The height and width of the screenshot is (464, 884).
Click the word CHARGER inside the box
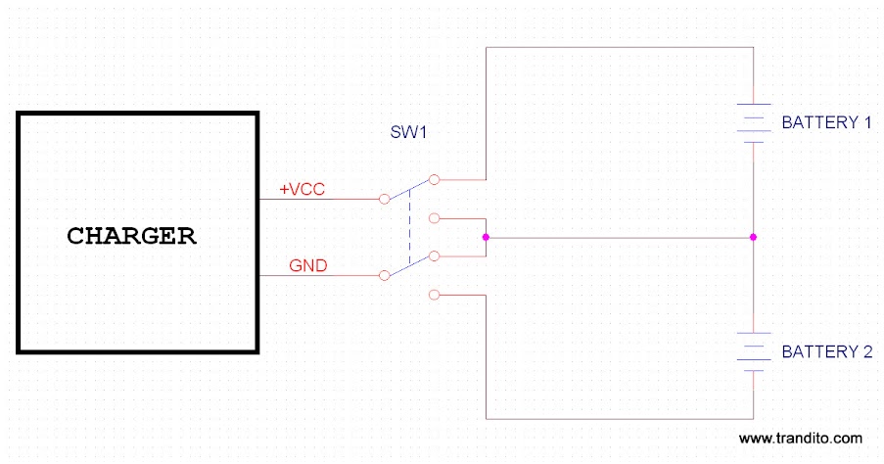(131, 236)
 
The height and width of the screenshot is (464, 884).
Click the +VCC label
(302, 189)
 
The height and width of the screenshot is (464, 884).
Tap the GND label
(307, 265)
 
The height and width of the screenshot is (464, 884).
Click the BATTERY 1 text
(825, 123)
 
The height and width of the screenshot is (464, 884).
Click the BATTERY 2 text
(825, 351)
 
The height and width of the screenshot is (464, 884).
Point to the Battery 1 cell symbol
(752, 123)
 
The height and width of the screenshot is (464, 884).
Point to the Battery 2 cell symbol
(752, 351)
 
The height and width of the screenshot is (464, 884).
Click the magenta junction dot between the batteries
(752, 237)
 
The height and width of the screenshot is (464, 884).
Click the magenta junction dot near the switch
(486, 237)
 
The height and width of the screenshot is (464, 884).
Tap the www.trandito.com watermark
(800, 438)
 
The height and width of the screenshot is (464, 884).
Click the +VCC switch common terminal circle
(384, 200)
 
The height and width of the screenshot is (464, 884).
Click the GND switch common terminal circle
(384, 276)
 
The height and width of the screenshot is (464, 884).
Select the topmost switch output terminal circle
(435, 179)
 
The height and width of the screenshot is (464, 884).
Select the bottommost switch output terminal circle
(435, 294)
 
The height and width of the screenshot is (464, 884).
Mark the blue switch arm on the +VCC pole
(409, 190)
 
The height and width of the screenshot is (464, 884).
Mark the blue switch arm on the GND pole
(409, 266)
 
